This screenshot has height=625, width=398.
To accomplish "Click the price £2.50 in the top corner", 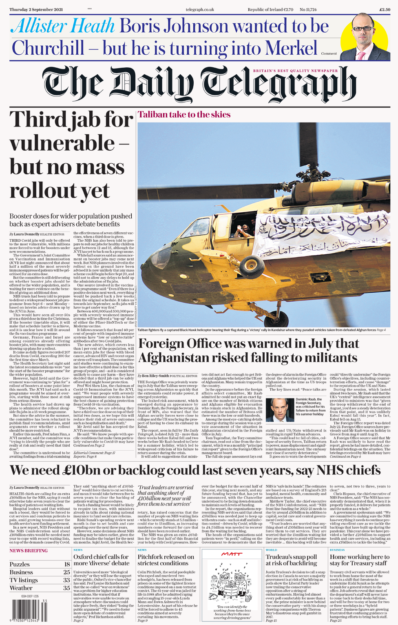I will tap(385, 9).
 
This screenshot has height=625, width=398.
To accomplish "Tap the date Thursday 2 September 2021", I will tap(36, 9).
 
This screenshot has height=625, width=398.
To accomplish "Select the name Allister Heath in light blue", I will tap(63, 27).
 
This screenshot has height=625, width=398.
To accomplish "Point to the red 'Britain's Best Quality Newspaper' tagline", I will tap(295, 71).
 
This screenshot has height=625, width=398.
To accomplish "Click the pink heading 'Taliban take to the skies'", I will tap(184, 115).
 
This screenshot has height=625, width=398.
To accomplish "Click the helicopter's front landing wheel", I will tap(271, 318).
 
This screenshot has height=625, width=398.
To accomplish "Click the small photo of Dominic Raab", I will tap(280, 410).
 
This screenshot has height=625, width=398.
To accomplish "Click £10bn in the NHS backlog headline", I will tap(84, 470).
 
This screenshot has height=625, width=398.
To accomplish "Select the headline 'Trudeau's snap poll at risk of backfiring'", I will tap(291, 560).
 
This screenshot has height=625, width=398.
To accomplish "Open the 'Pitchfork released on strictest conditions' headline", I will tap(166, 560).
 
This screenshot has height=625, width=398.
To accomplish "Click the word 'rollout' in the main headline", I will tap(60, 190).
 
